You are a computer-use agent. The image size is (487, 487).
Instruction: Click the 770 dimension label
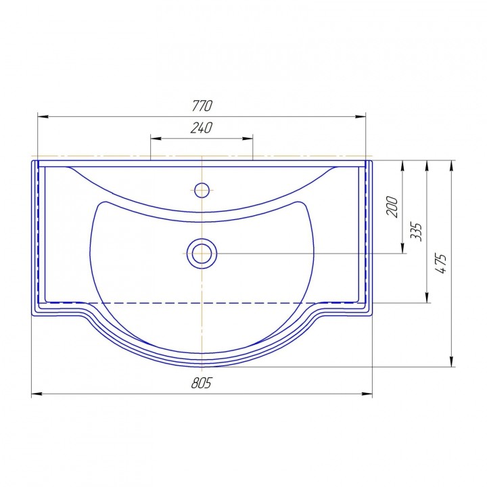[202, 106]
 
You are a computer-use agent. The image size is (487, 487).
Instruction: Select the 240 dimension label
[202, 128]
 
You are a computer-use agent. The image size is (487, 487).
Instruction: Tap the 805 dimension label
[202, 383]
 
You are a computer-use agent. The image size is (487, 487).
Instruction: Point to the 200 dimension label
[392, 206]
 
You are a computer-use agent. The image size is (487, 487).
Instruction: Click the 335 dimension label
[416, 232]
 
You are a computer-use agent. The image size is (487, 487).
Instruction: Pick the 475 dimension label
[441, 263]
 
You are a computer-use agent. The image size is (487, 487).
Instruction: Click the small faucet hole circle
[202, 190]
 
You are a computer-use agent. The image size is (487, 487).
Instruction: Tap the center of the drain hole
[202, 254]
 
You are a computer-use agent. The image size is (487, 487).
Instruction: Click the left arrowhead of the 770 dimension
[43, 116]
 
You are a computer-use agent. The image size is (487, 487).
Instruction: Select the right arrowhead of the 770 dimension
[361, 116]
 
